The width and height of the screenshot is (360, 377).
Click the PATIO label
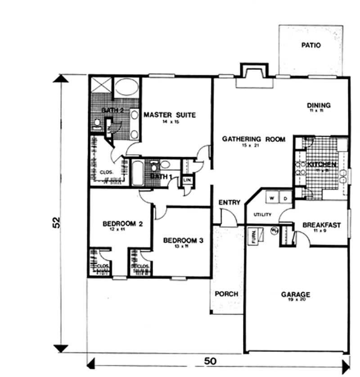click(x=311, y=45)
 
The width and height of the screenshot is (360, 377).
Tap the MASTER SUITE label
click(x=170, y=115)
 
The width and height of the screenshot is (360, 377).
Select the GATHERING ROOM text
click(x=254, y=139)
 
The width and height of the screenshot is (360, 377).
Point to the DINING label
click(x=319, y=105)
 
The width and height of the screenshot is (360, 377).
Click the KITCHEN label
click(x=322, y=165)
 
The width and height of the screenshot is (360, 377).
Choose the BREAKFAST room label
click(x=321, y=225)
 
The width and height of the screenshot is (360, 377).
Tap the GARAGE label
click(x=296, y=295)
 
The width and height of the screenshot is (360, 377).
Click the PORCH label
click(x=226, y=294)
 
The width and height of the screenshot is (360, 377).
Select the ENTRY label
click(x=229, y=203)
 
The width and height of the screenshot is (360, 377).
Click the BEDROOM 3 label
click(x=183, y=241)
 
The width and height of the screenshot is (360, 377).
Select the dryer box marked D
click(x=285, y=198)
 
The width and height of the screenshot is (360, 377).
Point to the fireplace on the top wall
click(x=254, y=76)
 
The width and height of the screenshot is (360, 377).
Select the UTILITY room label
click(x=262, y=214)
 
